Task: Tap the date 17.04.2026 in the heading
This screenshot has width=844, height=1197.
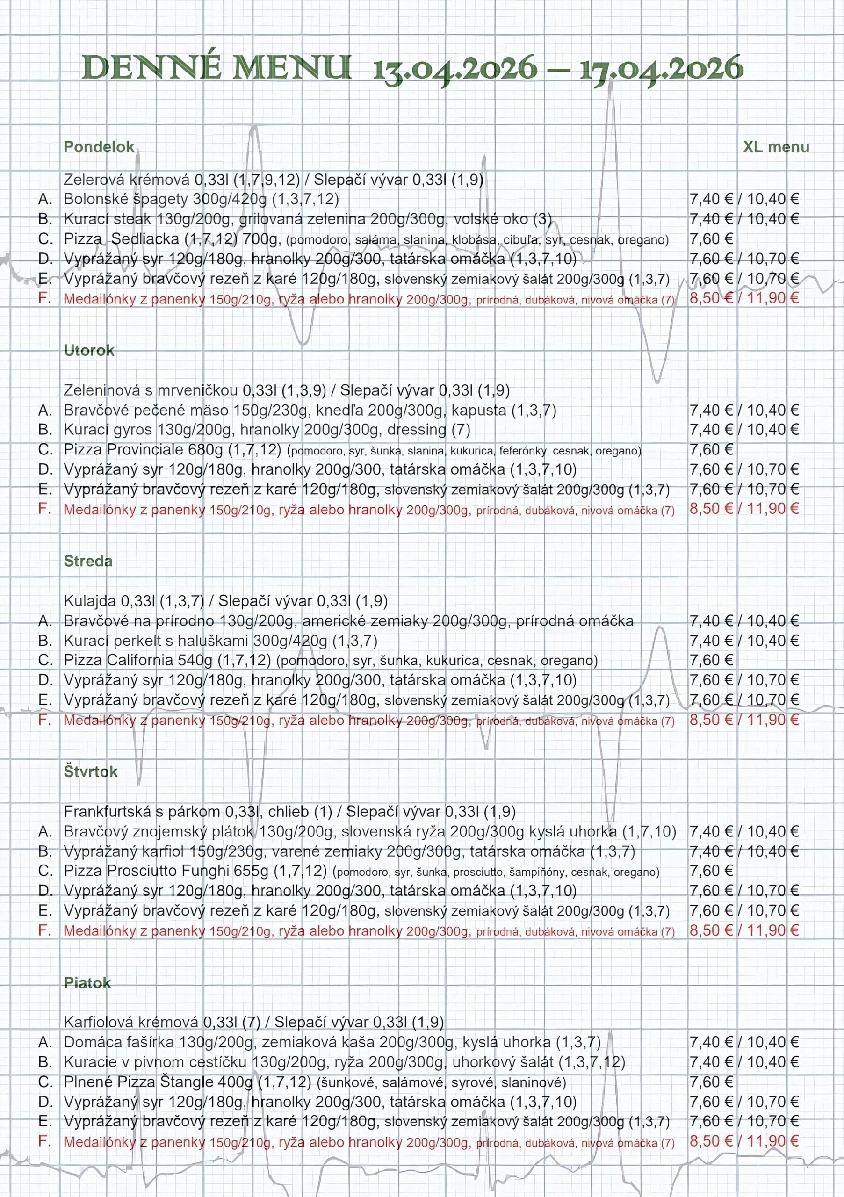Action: coord(661,68)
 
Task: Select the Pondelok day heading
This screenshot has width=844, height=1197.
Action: coord(99,147)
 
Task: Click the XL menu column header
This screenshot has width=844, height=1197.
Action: coord(776,147)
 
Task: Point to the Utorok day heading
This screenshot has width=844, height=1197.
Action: coord(89,350)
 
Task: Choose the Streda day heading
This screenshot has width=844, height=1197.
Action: coord(88,561)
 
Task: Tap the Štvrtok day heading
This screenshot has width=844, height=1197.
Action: coord(91,772)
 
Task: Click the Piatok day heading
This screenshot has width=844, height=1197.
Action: coord(87,983)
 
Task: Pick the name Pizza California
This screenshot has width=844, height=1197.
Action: coord(118,660)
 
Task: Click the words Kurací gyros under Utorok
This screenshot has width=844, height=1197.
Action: coord(108,430)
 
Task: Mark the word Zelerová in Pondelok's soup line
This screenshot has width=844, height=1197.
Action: coord(94,180)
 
